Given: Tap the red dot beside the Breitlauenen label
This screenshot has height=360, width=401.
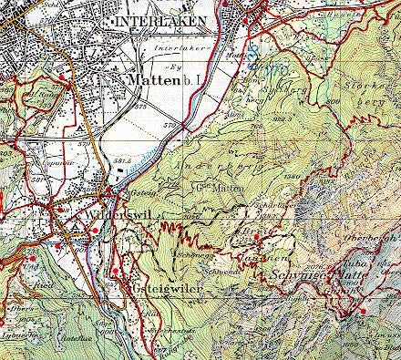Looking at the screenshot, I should (x=257, y=239).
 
